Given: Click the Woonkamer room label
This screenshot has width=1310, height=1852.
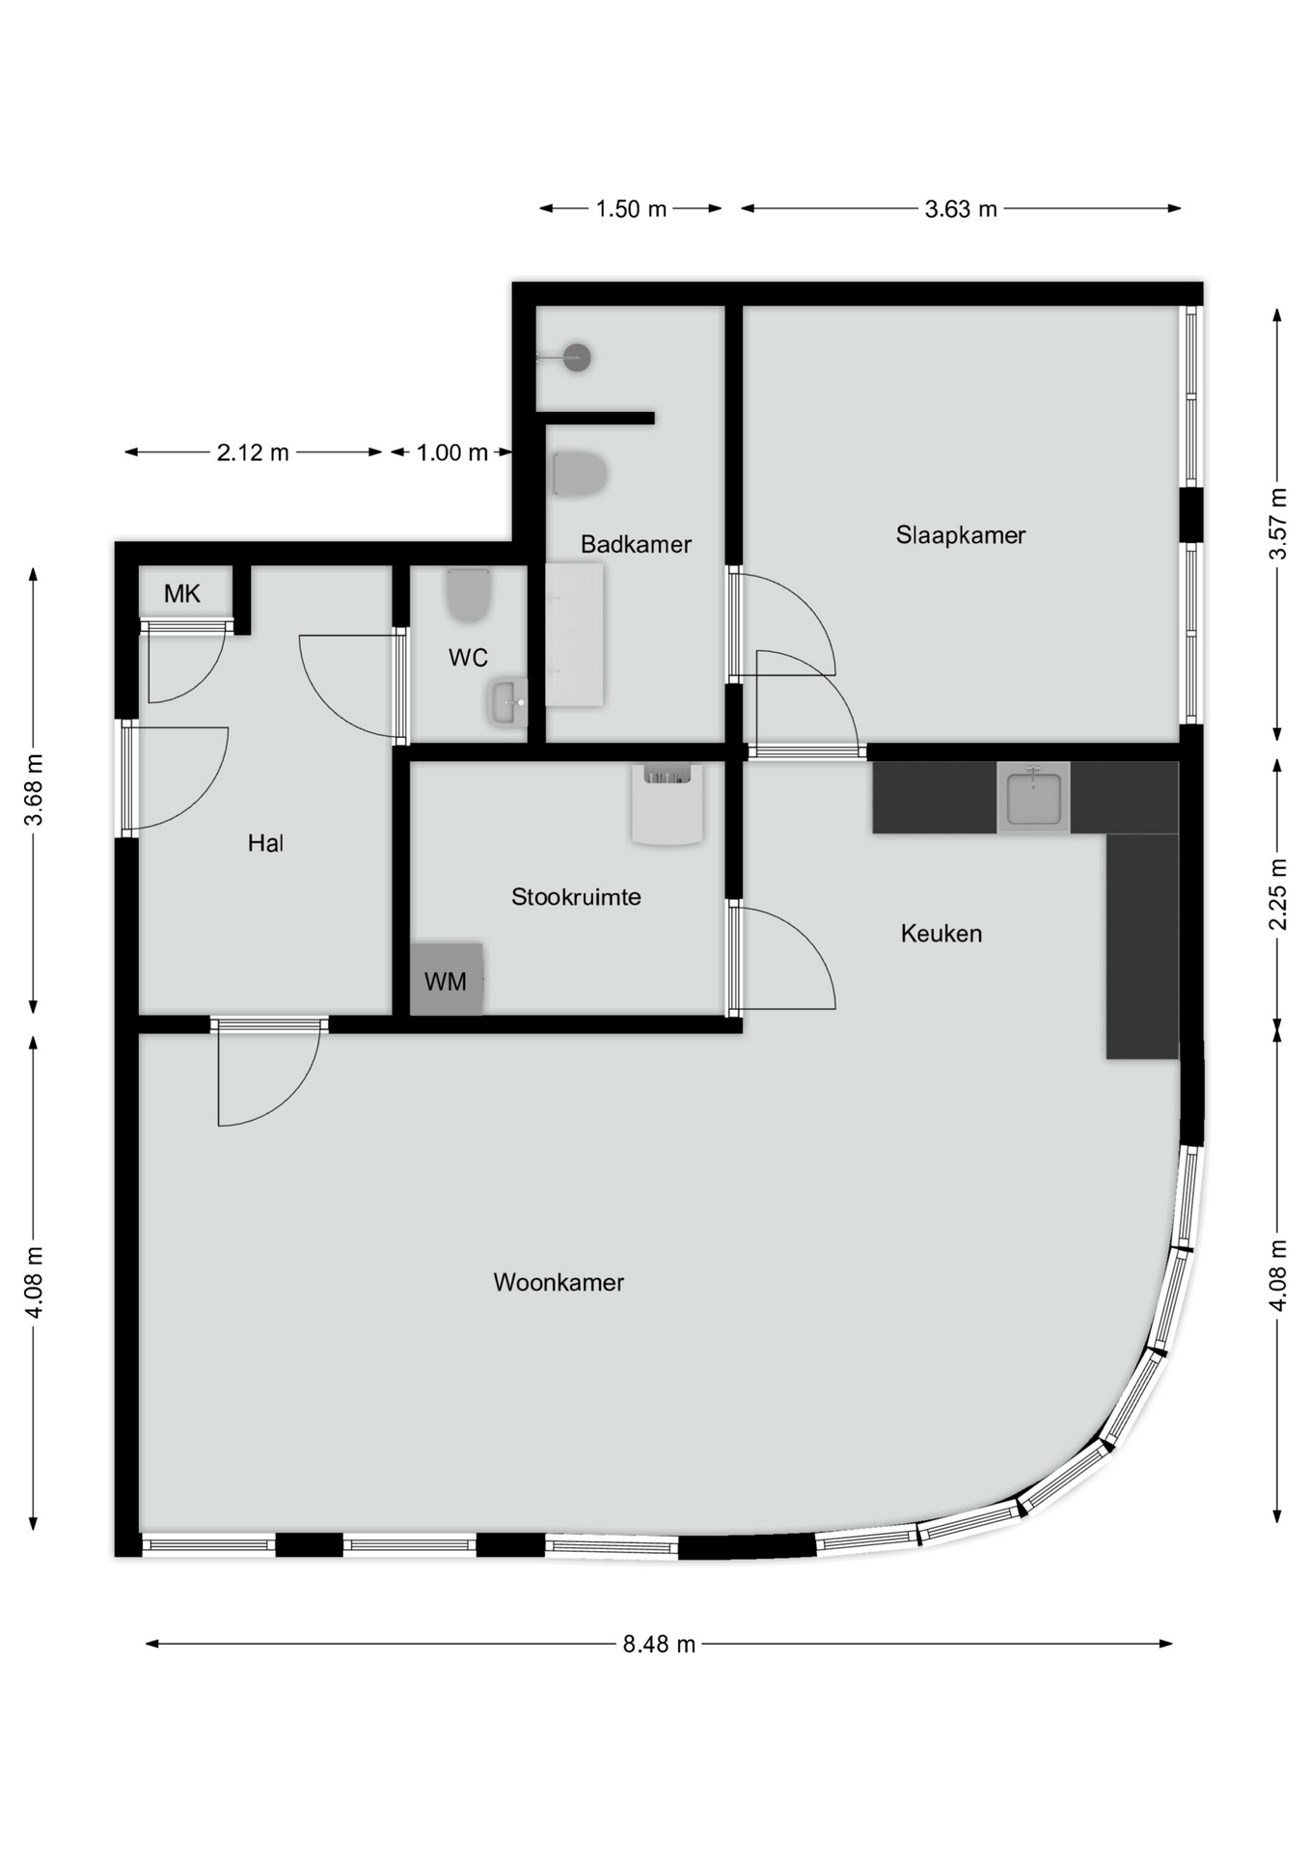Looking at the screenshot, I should coord(559,1282).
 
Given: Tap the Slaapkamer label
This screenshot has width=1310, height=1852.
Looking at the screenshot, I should coord(960,535).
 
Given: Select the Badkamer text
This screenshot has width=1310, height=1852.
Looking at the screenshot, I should coord(636,545).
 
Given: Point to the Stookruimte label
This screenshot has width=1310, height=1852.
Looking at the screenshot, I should coord(576,897).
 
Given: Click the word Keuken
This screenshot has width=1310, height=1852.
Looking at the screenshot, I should coord(941,934).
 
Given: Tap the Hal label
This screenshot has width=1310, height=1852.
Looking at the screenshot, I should coord(265,843).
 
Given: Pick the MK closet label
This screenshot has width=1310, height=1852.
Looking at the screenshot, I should coord(182,594).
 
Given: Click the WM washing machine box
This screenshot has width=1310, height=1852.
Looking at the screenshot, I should coord(446,980).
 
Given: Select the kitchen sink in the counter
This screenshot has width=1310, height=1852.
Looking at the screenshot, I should coord(1033,798).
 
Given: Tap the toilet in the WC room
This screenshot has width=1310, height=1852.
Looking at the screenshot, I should coord(469,595).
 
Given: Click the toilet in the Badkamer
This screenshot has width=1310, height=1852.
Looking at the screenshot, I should coord(579,475).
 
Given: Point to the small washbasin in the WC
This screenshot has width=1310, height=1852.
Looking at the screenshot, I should coord(506,702).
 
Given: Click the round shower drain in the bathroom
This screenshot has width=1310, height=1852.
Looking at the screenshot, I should coord(577,358).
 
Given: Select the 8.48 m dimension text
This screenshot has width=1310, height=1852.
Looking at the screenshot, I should coord(659,1644).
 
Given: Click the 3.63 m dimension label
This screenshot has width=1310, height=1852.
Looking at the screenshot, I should coord(961,209).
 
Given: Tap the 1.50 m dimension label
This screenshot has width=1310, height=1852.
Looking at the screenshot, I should coord(631,209).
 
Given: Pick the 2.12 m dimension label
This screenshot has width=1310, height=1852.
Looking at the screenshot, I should coord(253,452).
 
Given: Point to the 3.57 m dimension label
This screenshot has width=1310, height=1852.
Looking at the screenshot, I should coord(1278,524).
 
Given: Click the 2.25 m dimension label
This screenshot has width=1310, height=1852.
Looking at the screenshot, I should coord(1278,894).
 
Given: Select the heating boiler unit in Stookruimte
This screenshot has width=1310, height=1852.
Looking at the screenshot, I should coord(667,803).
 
